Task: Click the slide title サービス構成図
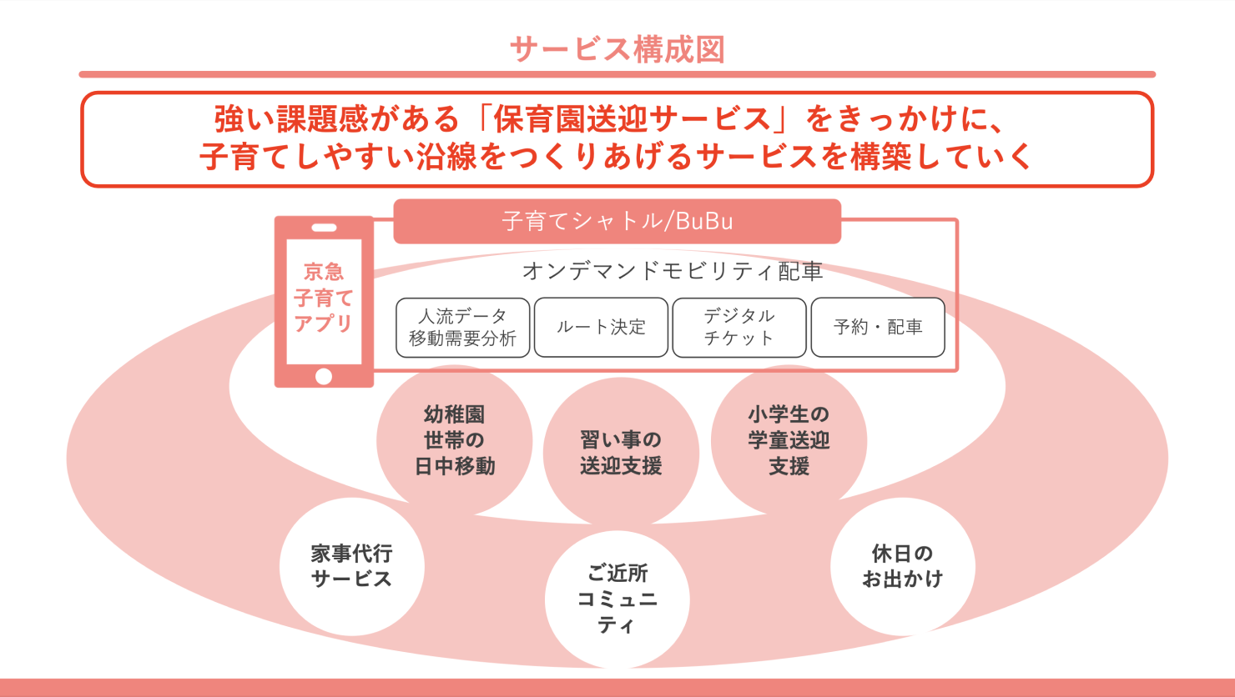pyautogui.click(x=617, y=49)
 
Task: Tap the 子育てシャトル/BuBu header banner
pyautogui.click(x=617, y=221)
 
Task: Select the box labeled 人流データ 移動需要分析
pyautogui.click(x=462, y=327)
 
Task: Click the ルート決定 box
pyautogui.click(x=601, y=327)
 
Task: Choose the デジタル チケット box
pyautogui.click(x=739, y=327)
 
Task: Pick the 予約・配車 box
pyautogui.click(x=878, y=327)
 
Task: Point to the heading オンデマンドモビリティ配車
pyautogui.click(x=673, y=271)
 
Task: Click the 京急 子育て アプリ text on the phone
pyautogui.click(x=324, y=298)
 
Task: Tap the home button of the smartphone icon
pyautogui.click(x=324, y=376)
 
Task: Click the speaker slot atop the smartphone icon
pyautogui.click(x=324, y=228)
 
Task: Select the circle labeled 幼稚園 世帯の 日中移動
pyautogui.click(x=454, y=440)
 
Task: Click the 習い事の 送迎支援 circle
pyautogui.click(x=621, y=452)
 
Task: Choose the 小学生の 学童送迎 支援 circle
pyautogui.click(x=789, y=439)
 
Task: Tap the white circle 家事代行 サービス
pyautogui.click(x=351, y=566)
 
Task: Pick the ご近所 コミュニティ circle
pyautogui.click(x=617, y=599)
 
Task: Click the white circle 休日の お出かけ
pyautogui.click(x=902, y=566)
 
